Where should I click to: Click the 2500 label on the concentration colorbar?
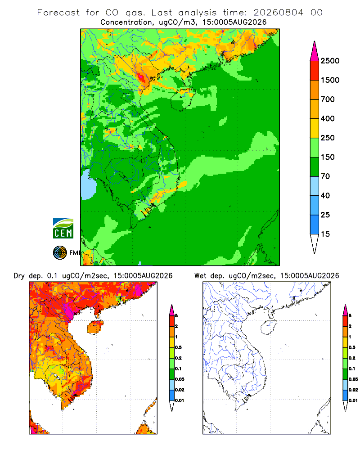point(330,61)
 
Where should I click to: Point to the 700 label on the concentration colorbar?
point(328,99)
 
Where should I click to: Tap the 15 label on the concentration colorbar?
point(325,234)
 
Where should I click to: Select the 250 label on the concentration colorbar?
point(328,138)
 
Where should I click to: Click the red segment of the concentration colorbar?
point(315,71)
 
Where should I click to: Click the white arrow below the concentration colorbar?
point(315,243)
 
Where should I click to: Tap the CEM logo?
point(63,229)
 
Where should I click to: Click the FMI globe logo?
point(60,253)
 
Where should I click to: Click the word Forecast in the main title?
point(58,13)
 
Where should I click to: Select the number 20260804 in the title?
point(278,13)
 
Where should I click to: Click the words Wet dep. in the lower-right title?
point(209,276)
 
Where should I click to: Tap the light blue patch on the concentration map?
point(88,185)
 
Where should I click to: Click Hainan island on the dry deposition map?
point(95,328)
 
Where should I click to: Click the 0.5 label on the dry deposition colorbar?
point(178,347)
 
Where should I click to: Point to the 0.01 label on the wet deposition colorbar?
point(353,400)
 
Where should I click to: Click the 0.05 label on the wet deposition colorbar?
point(353,379)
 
